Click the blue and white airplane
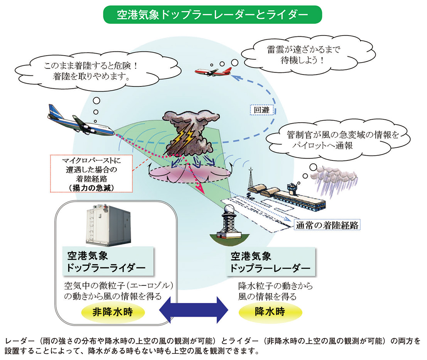pyautogui.click(x=81, y=120)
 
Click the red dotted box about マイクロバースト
pyautogui.click(x=91, y=173)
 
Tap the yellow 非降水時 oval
pyautogui.click(x=112, y=312)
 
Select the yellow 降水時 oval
pyautogui.click(x=270, y=312)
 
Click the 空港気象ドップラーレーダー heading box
pyautogui.click(x=270, y=262)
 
